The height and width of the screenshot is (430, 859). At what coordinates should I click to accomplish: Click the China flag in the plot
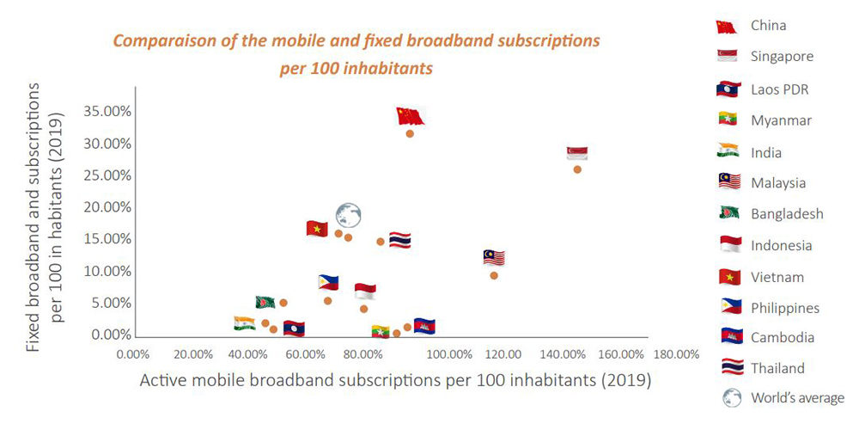tap(411, 116)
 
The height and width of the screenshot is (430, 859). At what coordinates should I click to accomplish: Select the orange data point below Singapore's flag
tap(577, 169)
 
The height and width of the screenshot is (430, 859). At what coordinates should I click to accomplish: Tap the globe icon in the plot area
tap(349, 215)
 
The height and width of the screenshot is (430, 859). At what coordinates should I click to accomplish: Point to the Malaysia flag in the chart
tap(494, 258)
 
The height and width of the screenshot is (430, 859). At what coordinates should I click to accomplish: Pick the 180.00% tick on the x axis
tap(675, 354)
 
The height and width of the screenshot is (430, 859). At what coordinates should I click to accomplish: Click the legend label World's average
tap(797, 397)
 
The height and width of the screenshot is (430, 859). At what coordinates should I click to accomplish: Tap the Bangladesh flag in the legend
tap(729, 213)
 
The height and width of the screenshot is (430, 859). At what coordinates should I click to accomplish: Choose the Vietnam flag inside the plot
tap(317, 229)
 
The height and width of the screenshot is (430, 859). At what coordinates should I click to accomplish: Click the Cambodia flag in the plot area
tap(424, 326)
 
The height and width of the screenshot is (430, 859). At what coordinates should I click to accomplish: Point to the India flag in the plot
tap(244, 323)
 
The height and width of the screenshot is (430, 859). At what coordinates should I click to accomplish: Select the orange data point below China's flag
tap(410, 134)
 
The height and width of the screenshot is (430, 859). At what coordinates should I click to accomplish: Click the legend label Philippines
tap(784, 308)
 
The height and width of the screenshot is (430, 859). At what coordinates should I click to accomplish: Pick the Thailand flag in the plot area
tap(400, 240)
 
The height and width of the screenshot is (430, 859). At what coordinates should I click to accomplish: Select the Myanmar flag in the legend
tap(729, 120)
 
